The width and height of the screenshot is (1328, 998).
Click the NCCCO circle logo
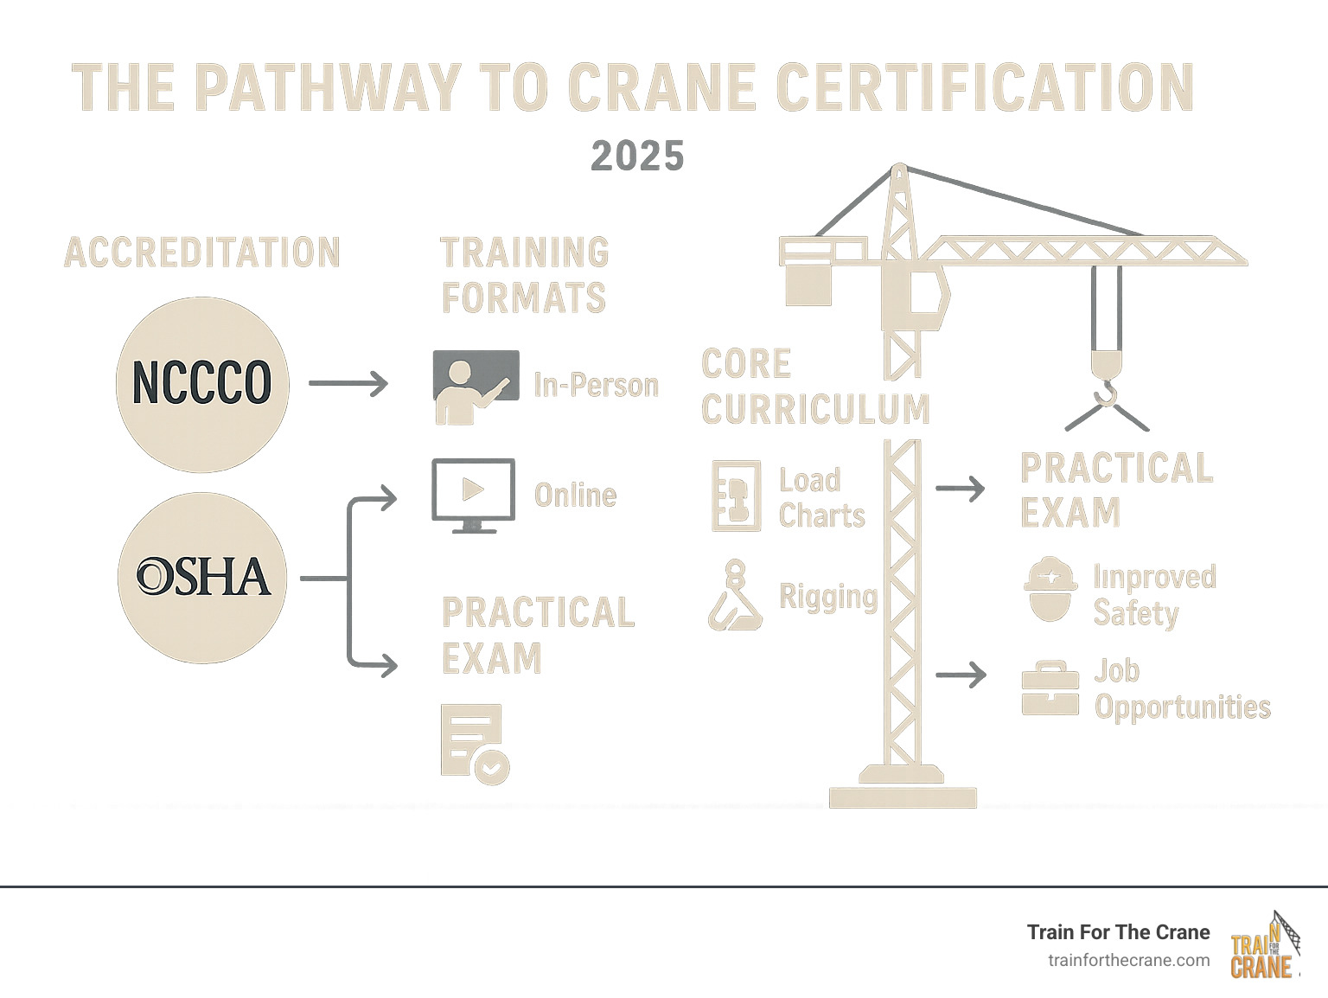pos(202,384)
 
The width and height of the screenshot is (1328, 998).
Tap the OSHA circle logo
pos(202,577)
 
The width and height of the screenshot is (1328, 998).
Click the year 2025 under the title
pos(637,157)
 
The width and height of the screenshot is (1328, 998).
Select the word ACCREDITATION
pos(202,253)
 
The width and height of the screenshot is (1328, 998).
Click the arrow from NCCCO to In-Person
pos(348,383)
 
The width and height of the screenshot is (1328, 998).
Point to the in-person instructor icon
pos(476,387)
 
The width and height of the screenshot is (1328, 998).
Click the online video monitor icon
pos(473,495)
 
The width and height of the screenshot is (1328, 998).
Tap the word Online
pos(575,496)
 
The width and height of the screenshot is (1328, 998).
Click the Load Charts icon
pos(736,496)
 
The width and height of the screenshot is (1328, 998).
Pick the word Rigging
pos(827,597)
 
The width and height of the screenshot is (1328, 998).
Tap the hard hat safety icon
pos(1050,589)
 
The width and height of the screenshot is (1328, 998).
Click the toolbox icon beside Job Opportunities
pos(1050,689)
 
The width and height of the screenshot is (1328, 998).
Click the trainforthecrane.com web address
pos(1128,960)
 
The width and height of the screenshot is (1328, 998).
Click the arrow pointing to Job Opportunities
pos(961,675)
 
